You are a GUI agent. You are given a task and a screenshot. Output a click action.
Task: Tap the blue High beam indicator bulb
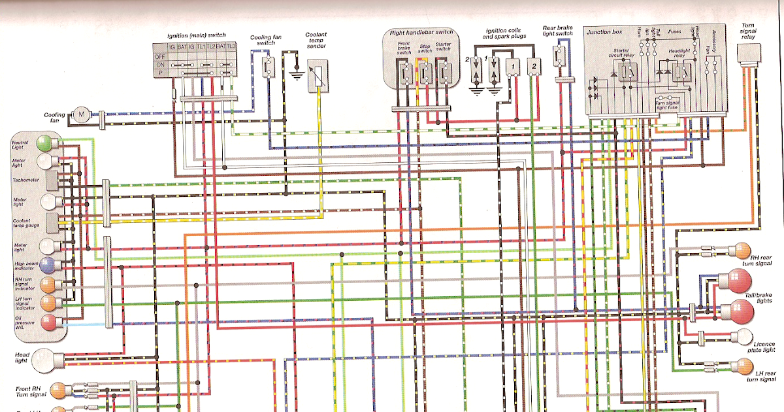pos(46,266)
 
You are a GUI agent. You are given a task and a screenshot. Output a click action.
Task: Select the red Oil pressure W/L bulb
pos(48,322)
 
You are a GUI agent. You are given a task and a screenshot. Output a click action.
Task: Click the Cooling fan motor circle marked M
pos(81,115)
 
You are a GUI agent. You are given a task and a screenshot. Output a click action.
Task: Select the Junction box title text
pos(604,32)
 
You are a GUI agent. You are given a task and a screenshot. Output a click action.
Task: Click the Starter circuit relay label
pos(626,52)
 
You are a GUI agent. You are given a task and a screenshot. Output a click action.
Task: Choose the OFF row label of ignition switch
pos(159,56)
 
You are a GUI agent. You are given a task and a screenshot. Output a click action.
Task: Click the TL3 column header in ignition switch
pos(232,47)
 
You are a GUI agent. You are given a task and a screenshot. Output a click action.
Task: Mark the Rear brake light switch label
pos(557,33)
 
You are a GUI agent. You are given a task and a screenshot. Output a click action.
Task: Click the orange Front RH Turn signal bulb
pos(57,391)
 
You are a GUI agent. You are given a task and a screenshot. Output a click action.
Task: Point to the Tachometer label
pos(26,179)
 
